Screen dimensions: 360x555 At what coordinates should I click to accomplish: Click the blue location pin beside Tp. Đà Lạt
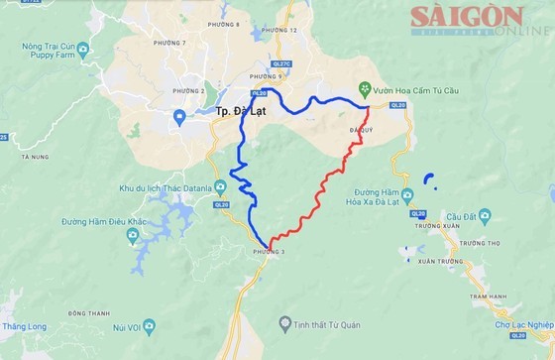pyautogui.click(x=179, y=118)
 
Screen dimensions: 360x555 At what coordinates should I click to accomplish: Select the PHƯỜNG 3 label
pyautogui.click(x=269, y=253)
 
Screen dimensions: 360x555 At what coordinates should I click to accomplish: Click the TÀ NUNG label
pyautogui.click(x=34, y=157)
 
